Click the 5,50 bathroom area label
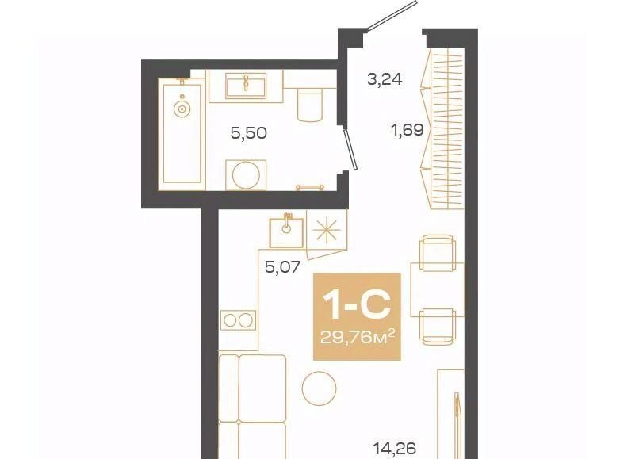249,133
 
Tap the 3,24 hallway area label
385,79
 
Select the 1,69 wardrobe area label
408,130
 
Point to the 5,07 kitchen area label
283,268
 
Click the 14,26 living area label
395,449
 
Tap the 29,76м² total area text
358,337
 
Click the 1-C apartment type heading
357,304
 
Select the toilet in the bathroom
309,105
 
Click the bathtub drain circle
182,109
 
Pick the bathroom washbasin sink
245,87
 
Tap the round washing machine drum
246,175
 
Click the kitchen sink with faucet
286,232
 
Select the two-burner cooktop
238,320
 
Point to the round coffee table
319,388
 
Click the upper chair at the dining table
437,253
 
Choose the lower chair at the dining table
437,327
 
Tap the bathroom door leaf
350,149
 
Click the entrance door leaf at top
392,16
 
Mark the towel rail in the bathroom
310,186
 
